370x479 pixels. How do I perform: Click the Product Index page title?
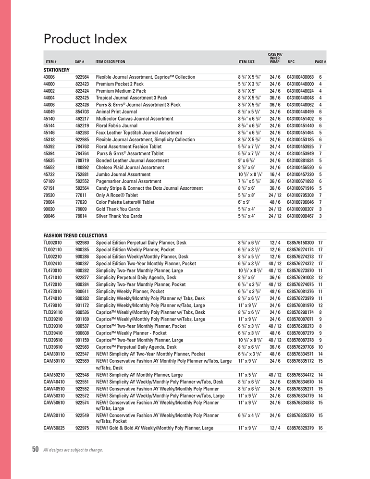(x=85, y=38)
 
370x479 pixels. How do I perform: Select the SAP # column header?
(x=80, y=62)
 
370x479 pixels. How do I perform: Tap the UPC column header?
(x=291, y=62)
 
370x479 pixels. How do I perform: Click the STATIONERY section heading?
(x=56, y=70)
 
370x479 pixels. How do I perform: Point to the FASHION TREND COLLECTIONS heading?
(x=75, y=235)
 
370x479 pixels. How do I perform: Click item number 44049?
(x=49, y=111)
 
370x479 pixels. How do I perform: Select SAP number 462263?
(x=82, y=133)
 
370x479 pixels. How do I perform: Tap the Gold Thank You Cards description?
(x=118, y=209)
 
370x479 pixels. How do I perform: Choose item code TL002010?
(x=52, y=243)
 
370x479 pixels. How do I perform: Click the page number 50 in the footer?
(x=35, y=450)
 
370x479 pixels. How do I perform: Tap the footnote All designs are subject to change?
(x=73, y=450)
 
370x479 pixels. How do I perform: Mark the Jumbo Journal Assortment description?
(x=123, y=174)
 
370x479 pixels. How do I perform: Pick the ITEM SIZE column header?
(x=247, y=62)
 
